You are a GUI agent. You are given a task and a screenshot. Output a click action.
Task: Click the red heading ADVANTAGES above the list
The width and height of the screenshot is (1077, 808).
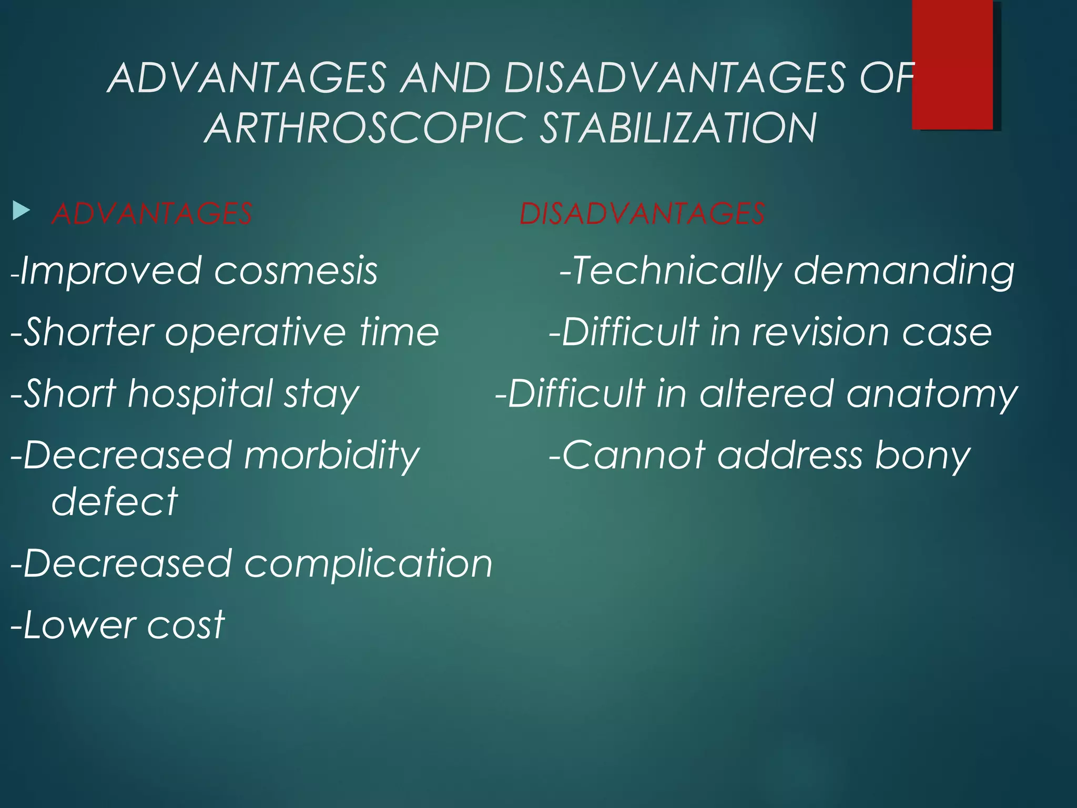click(x=152, y=214)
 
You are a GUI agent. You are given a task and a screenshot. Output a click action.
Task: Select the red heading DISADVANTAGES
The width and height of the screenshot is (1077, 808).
click(x=642, y=214)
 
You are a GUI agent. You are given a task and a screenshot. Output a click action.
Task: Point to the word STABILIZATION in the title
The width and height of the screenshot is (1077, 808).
click(x=678, y=128)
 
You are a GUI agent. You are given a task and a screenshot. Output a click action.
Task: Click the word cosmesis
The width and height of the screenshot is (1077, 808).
click(x=296, y=271)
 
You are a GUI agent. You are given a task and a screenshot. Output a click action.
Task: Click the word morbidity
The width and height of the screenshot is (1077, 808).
click(x=331, y=456)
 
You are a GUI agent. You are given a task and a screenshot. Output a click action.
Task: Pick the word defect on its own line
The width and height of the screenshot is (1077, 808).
click(x=115, y=501)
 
